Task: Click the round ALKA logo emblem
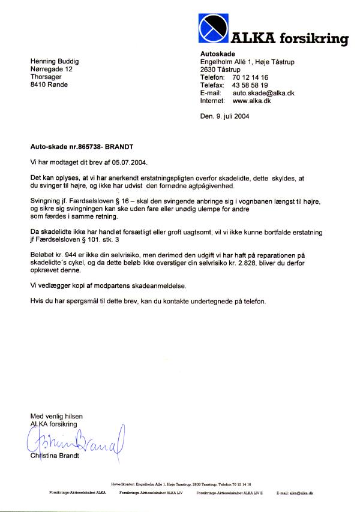(213, 28)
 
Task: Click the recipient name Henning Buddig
(55, 61)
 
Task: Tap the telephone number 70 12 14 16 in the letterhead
(250, 78)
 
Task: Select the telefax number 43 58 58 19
(250, 86)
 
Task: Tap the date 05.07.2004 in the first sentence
(128, 162)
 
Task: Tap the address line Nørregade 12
(51, 69)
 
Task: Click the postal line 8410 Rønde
(49, 85)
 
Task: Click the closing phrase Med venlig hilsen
(56, 416)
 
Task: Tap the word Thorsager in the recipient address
(46, 77)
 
